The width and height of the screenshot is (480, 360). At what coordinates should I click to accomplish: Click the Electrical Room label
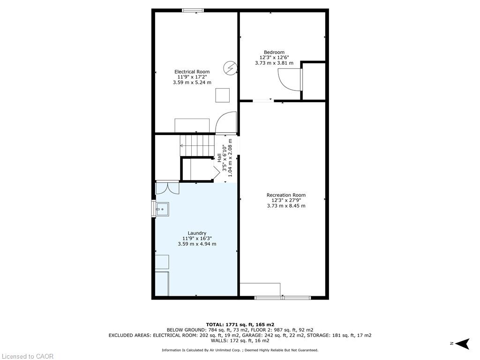(x=192, y=72)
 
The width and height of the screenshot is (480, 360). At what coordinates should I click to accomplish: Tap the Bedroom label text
(x=274, y=52)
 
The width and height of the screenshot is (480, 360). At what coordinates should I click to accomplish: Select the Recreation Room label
(x=286, y=195)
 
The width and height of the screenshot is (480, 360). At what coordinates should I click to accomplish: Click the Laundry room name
(x=197, y=233)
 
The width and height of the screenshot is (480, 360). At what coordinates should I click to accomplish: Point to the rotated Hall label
(x=219, y=158)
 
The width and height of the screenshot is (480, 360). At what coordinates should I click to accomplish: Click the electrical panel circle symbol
(x=230, y=67)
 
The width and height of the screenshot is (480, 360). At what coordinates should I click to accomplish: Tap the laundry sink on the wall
(x=162, y=209)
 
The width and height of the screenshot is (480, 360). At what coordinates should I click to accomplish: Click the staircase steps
(x=196, y=145)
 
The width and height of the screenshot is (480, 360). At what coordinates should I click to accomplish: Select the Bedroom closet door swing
(x=290, y=80)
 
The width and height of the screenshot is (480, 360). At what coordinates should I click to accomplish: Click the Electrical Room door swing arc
(x=226, y=123)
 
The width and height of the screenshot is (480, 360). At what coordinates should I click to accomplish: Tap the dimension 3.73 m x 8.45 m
(x=286, y=206)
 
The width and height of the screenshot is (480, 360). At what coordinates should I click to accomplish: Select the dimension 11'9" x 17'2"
(x=192, y=77)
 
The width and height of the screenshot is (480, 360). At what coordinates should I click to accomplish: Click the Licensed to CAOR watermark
(x=27, y=356)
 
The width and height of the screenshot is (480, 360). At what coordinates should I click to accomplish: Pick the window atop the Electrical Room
(x=193, y=10)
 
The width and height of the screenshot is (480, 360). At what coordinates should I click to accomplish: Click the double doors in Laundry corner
(x=167, y=187)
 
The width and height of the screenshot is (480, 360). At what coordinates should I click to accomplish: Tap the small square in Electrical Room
(x=223, y=95)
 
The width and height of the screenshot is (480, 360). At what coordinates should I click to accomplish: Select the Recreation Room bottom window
(x=283, y=298)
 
